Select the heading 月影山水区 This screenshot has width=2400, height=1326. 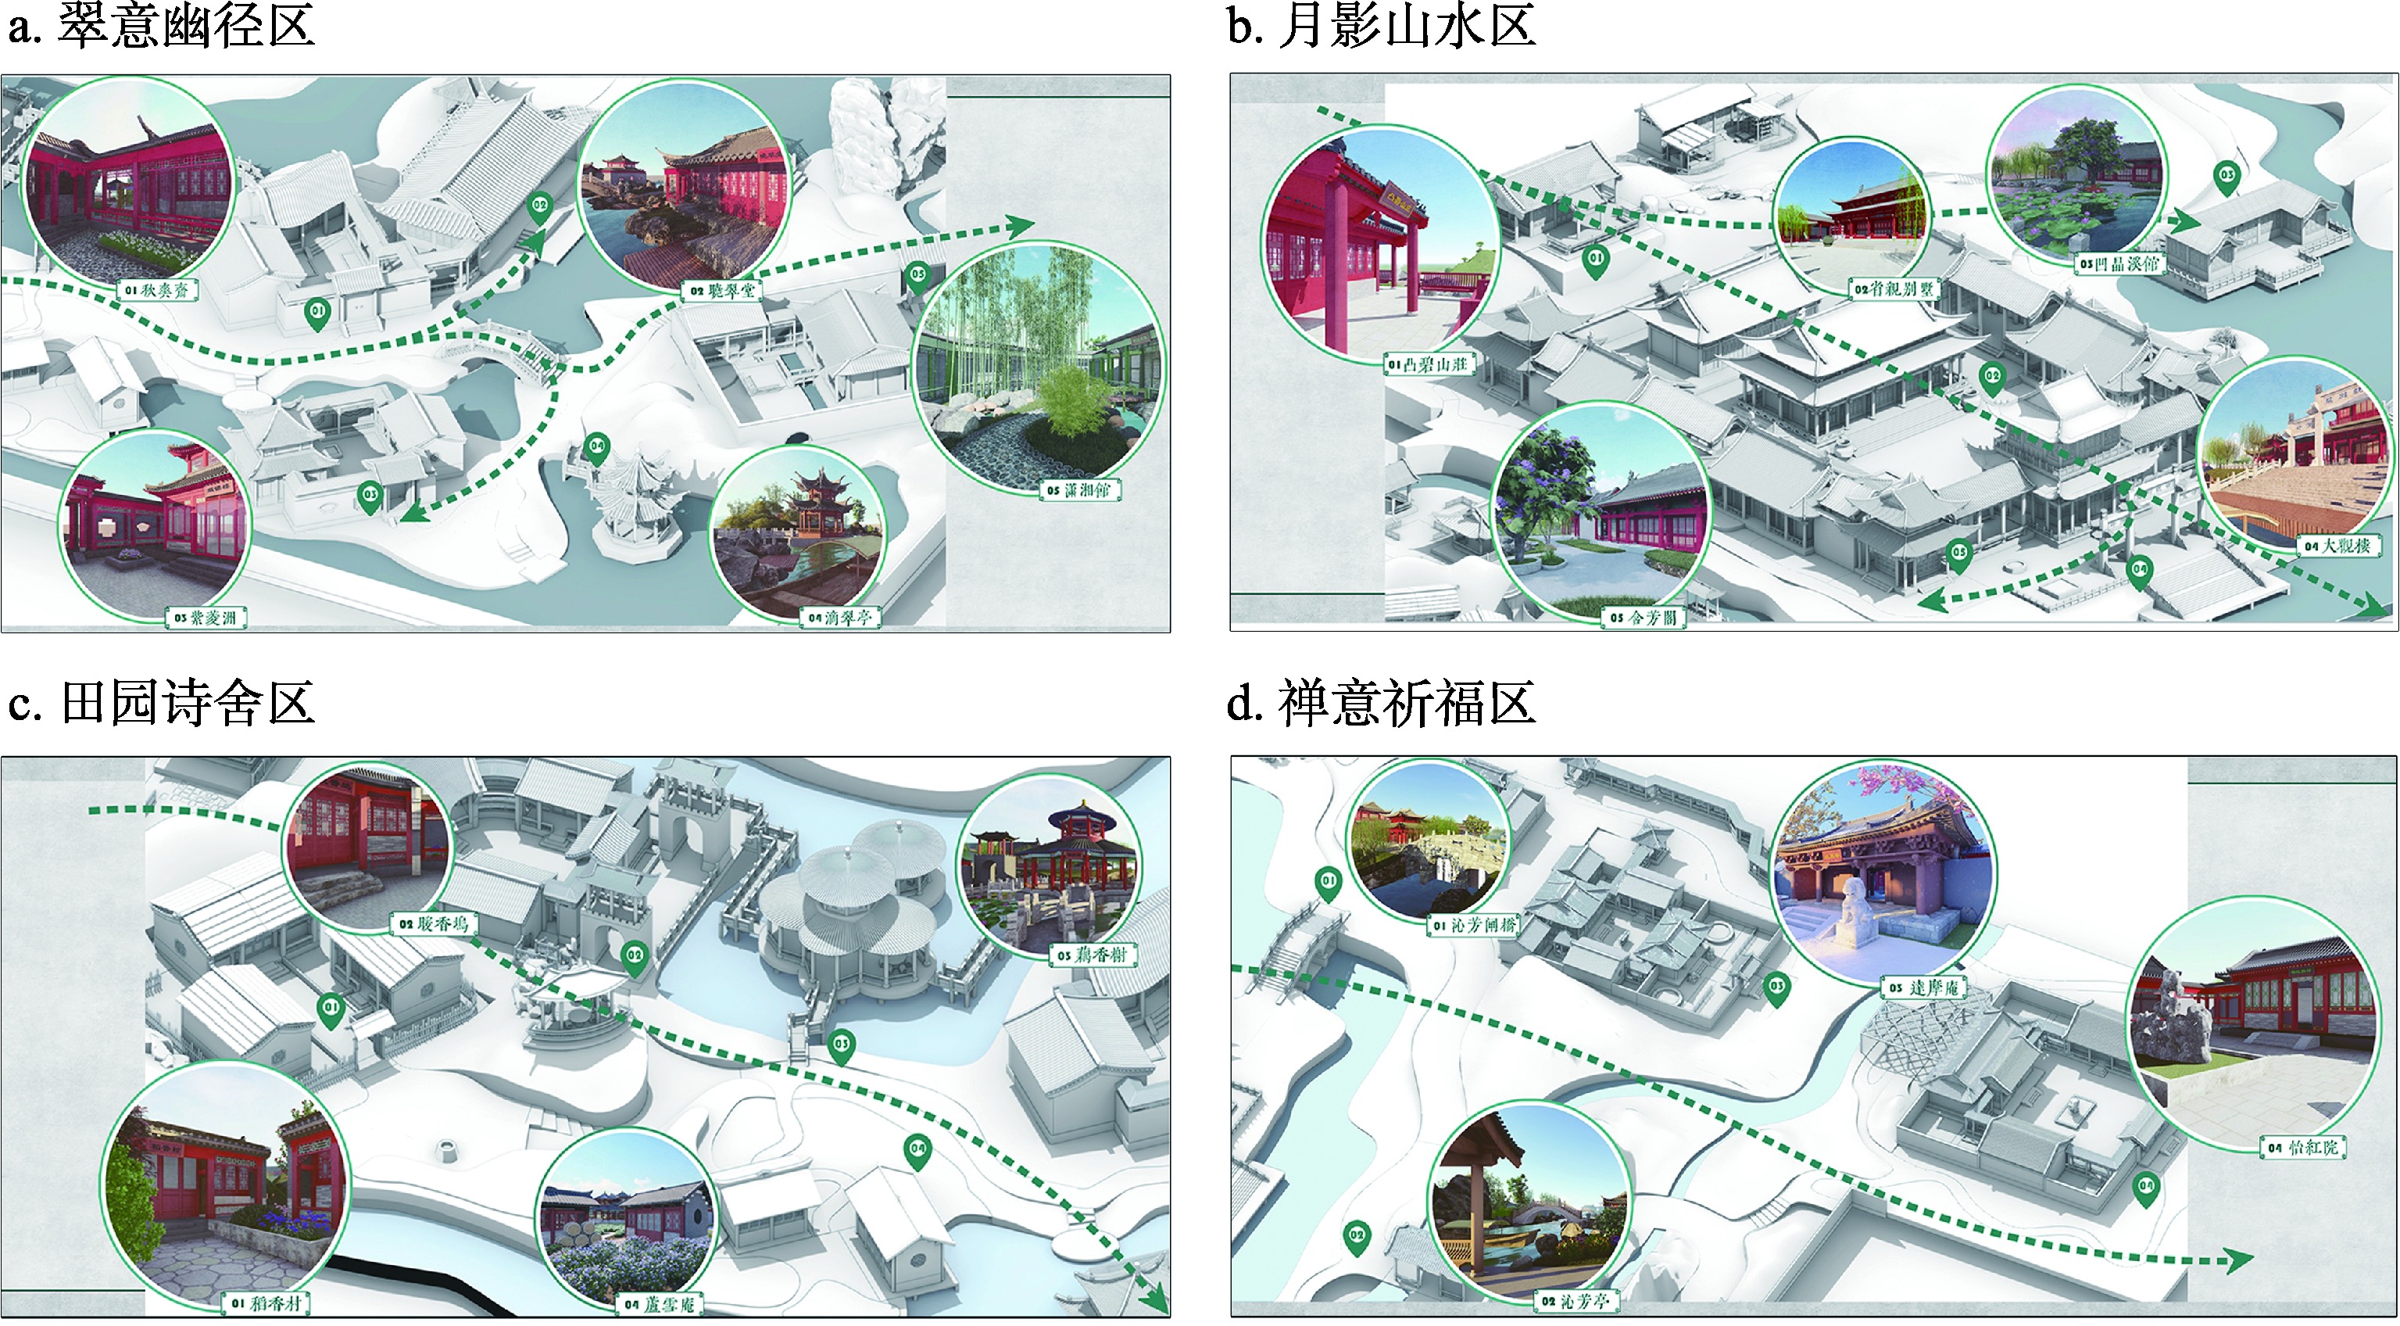coord(1406,26)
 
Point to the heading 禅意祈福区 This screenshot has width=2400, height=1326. coord(1406,704)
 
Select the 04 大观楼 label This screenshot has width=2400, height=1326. coord(2337,546)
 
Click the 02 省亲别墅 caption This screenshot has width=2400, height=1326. coord(1894,288)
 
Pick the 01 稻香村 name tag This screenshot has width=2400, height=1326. coord(267,1303)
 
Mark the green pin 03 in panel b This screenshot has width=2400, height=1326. coord(2227,177)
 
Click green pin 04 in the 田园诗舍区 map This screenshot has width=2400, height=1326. coord(917,1151)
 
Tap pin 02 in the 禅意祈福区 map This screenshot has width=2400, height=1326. coord(1357,1238)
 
